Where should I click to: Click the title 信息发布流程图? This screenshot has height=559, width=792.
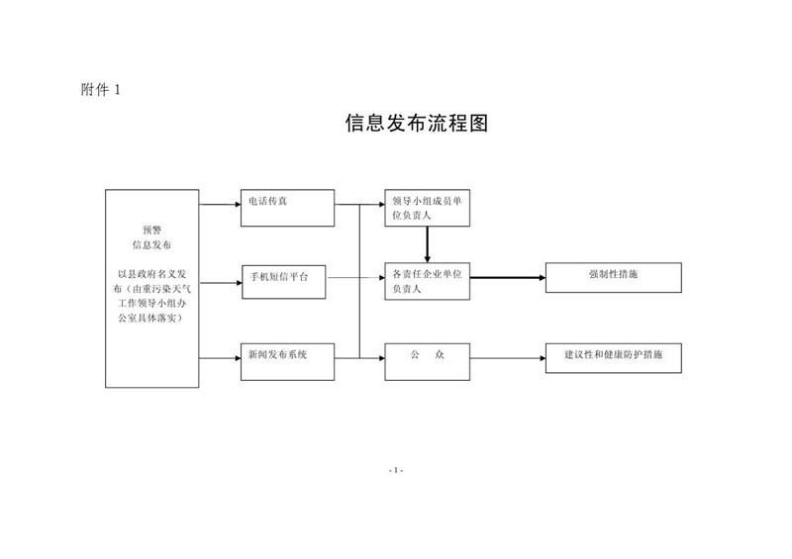coord(417,125)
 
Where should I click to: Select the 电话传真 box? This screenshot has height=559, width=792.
coord(285,205)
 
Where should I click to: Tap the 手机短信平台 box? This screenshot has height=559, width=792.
coord(284,279)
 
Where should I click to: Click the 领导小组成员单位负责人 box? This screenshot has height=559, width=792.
coord(427,208)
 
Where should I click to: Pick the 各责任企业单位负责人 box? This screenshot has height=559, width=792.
coord(427,281)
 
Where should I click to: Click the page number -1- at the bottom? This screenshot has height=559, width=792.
coord(396,469)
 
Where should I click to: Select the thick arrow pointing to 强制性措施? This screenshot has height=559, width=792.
coord(506,279)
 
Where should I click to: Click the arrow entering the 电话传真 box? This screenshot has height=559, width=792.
coord(221,205)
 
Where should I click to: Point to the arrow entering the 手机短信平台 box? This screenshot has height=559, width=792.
coord(221,280)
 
